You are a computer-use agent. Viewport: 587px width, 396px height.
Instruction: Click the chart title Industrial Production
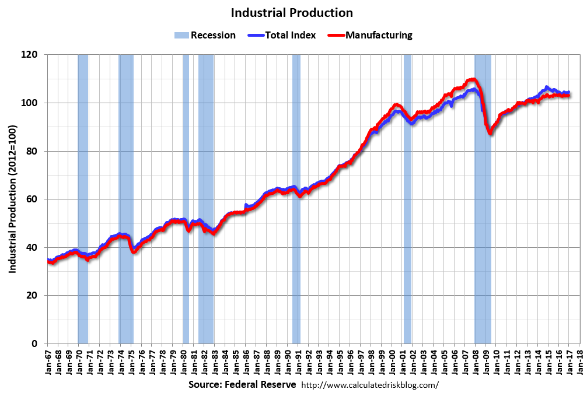click(x=292, y=12)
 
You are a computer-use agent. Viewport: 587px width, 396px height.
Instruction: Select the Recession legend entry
click(x=205, y=35)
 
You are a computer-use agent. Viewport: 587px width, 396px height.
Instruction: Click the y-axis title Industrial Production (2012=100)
click(x=12, y=199)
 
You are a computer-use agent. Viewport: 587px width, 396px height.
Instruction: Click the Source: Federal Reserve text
click(x=242, y=386)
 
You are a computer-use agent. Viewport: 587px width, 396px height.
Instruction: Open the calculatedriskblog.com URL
click(x=370, y=386)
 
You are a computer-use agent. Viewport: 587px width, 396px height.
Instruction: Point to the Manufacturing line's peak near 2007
click(x=472, y=79)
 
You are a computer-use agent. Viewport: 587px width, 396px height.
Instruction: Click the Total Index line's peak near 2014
click(x=547, y=87)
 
